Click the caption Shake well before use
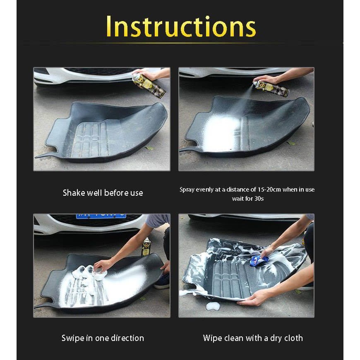point(103,193)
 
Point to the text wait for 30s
point(247,199)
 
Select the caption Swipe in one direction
point(103,338)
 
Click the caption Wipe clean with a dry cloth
point(253,338)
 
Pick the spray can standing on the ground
point(146,247)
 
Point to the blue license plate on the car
point(101,216)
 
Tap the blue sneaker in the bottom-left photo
point(162,281)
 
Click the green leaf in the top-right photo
point(292,143)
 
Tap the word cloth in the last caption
point(292,338)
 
